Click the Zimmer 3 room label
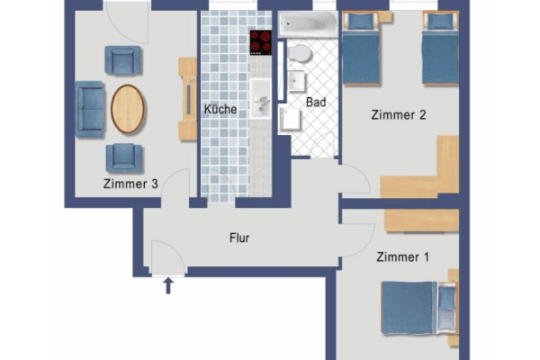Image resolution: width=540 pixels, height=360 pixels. [x=130, y=184]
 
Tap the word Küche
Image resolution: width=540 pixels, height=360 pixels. [x=220, y=110]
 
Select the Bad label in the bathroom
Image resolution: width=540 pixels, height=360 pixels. [x=316, y=103]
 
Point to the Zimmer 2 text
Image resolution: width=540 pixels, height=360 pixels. [x=397, y=114]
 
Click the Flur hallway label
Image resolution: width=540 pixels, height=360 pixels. [x=238, y=238]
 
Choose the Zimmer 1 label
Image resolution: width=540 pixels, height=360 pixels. [x=402, y=257]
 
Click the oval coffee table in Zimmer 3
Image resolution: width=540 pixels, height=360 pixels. [x=127, y=109]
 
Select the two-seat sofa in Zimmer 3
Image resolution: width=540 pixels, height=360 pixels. [x=90, y=109]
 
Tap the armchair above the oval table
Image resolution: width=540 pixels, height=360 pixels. [x=123, y=61]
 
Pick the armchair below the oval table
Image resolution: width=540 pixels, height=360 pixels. [x=123, y=157]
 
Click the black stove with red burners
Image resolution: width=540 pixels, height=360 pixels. [x=261, y=42]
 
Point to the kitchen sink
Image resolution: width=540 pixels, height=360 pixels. [x=261, y=95]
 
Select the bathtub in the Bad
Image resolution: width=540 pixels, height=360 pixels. [x=307, y=25]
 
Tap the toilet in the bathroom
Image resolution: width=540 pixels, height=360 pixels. [x=300, y=56]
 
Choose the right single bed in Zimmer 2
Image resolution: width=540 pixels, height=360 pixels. [x=440, y=51]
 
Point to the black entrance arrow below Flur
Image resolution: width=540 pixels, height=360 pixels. [x=167, y=286]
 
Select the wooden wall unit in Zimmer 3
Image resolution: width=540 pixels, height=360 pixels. [x=188, y=99]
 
